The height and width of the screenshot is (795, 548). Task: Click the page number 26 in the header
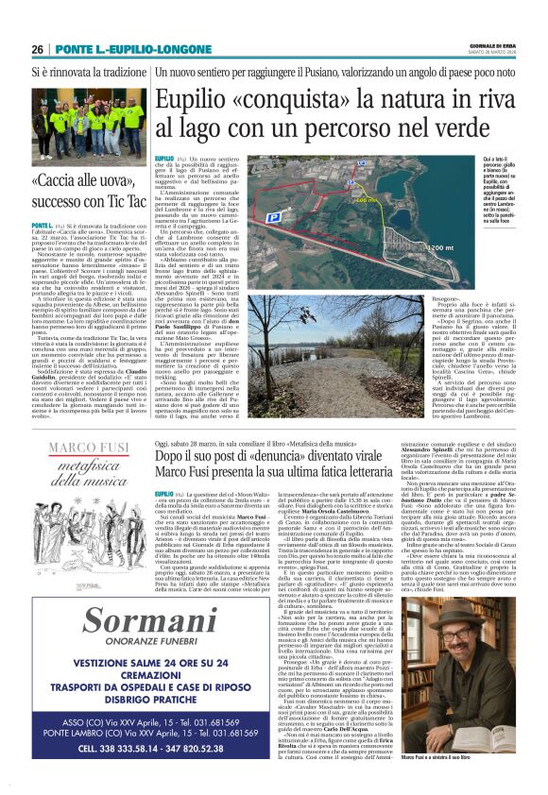[37, 49]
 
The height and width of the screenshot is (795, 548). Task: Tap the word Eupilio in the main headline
[193, 98]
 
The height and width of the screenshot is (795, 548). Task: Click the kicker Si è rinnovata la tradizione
[77, 71]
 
